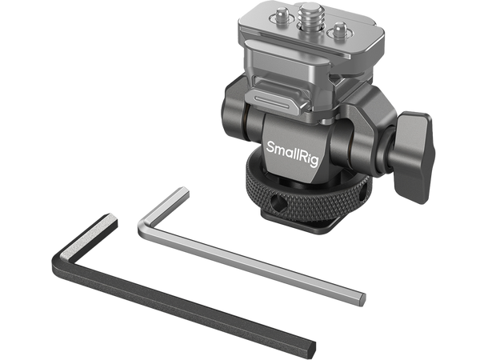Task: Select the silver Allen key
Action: click(x=240, y=248)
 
